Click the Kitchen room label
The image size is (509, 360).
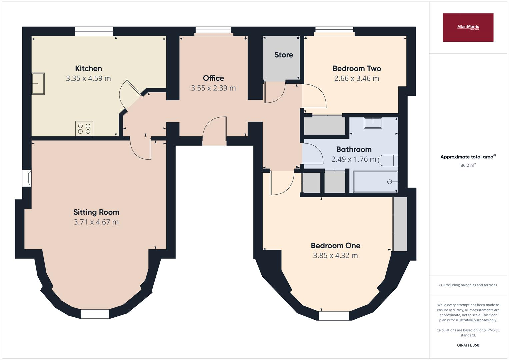coord(88,68)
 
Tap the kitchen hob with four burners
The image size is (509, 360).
coord(84,129)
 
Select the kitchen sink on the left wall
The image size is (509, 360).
coord(38,83)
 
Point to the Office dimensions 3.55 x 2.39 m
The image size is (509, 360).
coord(213,88)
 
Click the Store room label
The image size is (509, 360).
coord(284,55)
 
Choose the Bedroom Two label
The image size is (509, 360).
coord(356,68)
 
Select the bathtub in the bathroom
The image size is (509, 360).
coord(375,182)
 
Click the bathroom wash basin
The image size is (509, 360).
coord(373,123)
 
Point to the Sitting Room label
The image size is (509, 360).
coord(96,212)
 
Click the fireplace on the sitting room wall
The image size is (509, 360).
coord(27,178)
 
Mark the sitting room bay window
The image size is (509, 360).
coord(95,314)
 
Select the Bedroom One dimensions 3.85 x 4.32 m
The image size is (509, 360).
coord(335,255)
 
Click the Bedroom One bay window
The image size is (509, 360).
coord(334,315)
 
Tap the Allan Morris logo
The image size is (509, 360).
coord(468,27)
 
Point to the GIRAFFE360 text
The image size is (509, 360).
coord(468,345)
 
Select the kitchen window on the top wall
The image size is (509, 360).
coord(94,31)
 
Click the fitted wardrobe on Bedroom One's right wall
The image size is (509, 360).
coord(400,224)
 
